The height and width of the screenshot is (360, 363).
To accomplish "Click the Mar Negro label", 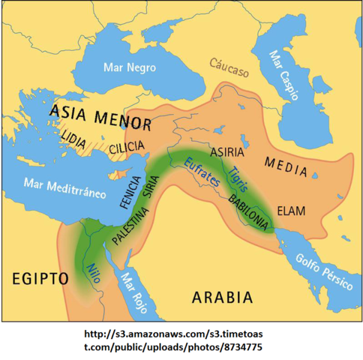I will [130, 67].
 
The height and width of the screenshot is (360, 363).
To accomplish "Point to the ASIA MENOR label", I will [100, 116].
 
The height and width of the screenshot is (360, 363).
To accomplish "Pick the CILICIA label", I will [127, 148].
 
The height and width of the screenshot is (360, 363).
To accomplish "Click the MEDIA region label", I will [286, 168].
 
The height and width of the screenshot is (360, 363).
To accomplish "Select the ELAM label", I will [291, 211].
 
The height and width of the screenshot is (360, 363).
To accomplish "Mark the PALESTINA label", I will [130, 223].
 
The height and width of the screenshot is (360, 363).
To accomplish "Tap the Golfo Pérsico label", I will [323, 273].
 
